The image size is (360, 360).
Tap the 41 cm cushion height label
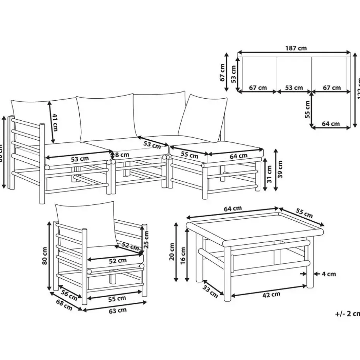tap(55, 122)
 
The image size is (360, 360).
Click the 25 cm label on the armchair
tap(146, 240)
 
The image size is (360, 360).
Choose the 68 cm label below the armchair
tap(64, 305)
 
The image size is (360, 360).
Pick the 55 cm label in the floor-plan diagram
tap(307, 110)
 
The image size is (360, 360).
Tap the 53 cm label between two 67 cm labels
tap(295, 88)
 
